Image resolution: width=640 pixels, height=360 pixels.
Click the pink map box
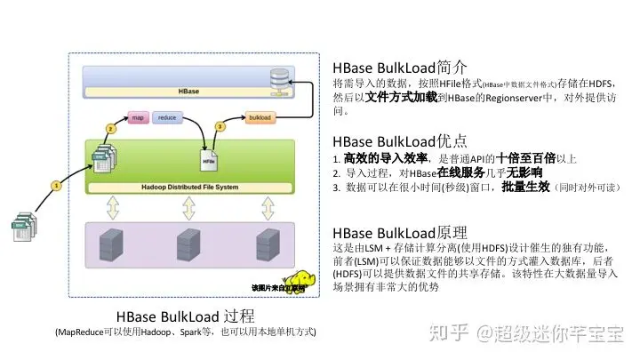pyautogui.click(x=138, y=117)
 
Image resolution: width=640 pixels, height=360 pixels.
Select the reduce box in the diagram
pyautogui.click(x=166, y=117)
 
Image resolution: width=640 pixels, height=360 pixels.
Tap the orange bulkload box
pyautogui.click(x=260, y=117)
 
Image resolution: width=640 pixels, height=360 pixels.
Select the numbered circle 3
pyautogui.click(x=219, y=126)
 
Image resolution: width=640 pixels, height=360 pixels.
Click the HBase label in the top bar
pyautogui.click(x=188, y=92)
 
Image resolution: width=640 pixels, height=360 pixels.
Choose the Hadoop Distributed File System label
pyautogui.click(x=188, y=187)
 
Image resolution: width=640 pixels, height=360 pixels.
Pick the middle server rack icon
pyautogui.click(x=188, y=243)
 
